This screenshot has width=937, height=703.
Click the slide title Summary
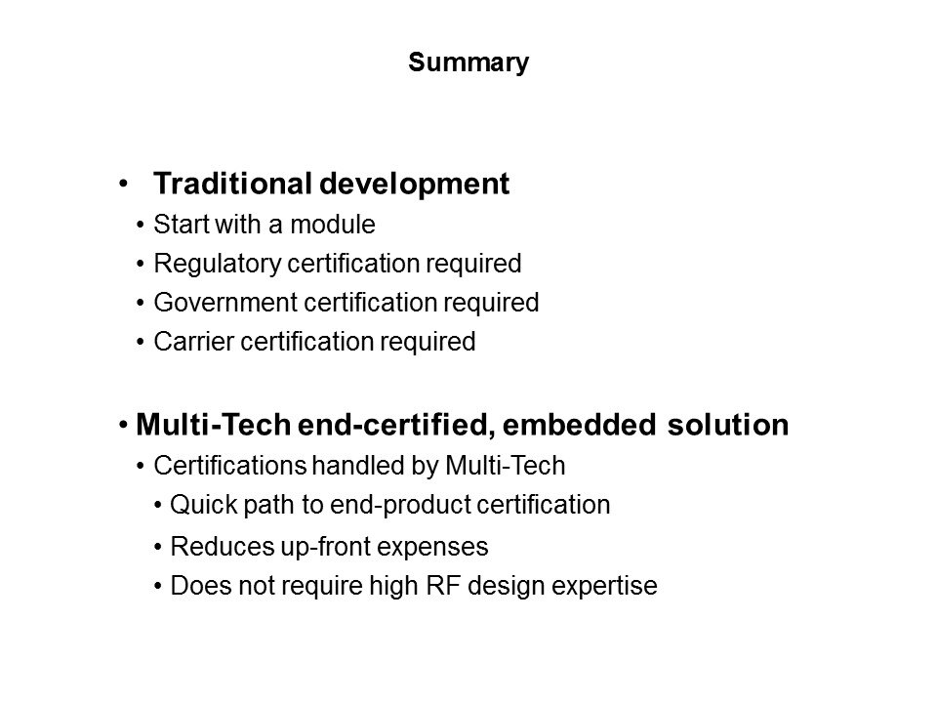468,63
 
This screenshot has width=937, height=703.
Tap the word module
333,225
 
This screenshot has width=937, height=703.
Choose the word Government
225,303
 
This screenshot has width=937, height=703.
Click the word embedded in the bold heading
579,425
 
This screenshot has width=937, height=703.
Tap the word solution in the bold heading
728,425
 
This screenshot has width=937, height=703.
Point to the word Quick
204,505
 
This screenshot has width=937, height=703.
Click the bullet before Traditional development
123,185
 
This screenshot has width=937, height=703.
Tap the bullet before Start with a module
141,226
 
